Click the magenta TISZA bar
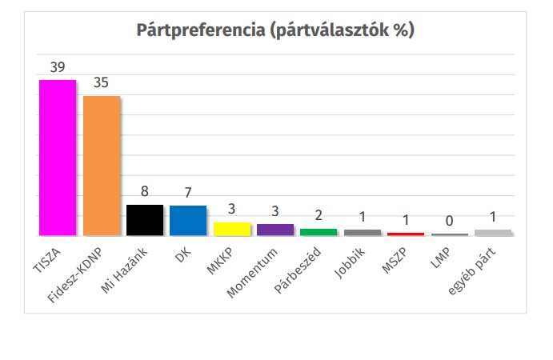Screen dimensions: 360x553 click(x=58, y=158)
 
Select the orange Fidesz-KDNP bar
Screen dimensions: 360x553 click(x=101, y=166)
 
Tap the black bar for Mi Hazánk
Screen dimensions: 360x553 click(x=145, y=220)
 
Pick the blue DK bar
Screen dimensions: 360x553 click(x=188, y=221)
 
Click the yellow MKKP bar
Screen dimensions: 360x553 click(x=231, y=229)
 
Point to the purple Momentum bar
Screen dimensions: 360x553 click(x=274, y=230)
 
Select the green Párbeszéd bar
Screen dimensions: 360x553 click(x=319, y=232)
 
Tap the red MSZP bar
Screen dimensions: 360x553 click(x=405, y=234)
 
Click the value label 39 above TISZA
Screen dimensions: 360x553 click(x=58, y=67)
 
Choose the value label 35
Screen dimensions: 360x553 click(x=101, y=83)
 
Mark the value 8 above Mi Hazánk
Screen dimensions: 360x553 click(x=145, y=192)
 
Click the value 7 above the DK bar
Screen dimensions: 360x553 click(x=188, y=194)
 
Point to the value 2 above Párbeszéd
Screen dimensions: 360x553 click(x=319, y=216)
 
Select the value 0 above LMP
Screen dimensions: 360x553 click(x=448, y=221)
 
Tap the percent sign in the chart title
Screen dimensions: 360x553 click(x=399, y=31)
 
